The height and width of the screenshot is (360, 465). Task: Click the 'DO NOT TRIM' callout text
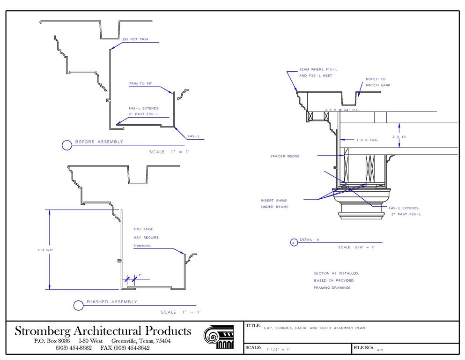point(135,39)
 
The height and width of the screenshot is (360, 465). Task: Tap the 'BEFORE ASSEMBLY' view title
point(99,142)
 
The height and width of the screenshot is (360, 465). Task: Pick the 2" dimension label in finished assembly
point(140,275)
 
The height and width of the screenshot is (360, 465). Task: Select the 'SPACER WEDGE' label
point(285,156)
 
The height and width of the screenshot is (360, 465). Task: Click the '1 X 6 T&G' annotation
point(367,140)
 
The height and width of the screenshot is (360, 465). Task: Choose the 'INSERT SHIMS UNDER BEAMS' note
point(274,203)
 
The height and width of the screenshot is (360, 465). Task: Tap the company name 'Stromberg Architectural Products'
point(103,331)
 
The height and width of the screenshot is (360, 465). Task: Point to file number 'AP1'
point(380,349)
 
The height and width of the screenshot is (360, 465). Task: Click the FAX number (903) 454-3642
point(125,348)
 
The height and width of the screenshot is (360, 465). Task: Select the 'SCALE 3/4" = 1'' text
point(356,247)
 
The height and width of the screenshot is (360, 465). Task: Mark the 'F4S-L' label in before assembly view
point(193,136)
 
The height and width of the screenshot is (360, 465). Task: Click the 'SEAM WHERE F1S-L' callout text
point(318,69)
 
